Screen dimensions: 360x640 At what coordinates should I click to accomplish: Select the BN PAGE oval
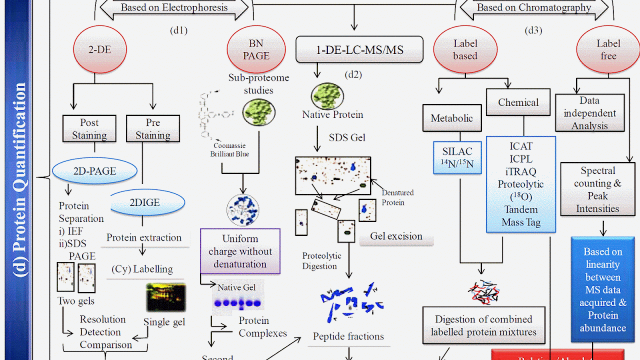coord(256,50)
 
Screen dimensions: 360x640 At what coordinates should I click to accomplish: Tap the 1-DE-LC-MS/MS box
coord(359,50)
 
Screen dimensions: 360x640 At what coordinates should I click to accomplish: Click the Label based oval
coord(465,50)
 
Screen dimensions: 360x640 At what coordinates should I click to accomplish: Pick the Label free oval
coord(608,50)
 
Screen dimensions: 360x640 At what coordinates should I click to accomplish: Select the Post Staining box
coord(89,129)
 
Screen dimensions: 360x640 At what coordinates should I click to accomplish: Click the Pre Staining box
coord(152,129)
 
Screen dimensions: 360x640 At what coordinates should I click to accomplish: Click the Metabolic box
coord(451,118)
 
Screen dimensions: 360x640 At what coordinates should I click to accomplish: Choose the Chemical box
coord(518,102)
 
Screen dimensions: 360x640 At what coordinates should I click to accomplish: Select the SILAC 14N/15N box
coord(457,157)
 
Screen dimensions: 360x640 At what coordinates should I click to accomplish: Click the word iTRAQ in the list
coord(520,171)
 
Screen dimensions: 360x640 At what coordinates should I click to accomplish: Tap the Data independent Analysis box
coord(589,113)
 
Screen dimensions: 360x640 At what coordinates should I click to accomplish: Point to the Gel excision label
coord(396,236)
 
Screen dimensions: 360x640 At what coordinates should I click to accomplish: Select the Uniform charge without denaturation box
coord(240,251)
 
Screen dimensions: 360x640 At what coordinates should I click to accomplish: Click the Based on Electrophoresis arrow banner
coord(174,7)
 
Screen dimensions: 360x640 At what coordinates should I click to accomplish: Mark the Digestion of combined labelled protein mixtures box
coord(483,325)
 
